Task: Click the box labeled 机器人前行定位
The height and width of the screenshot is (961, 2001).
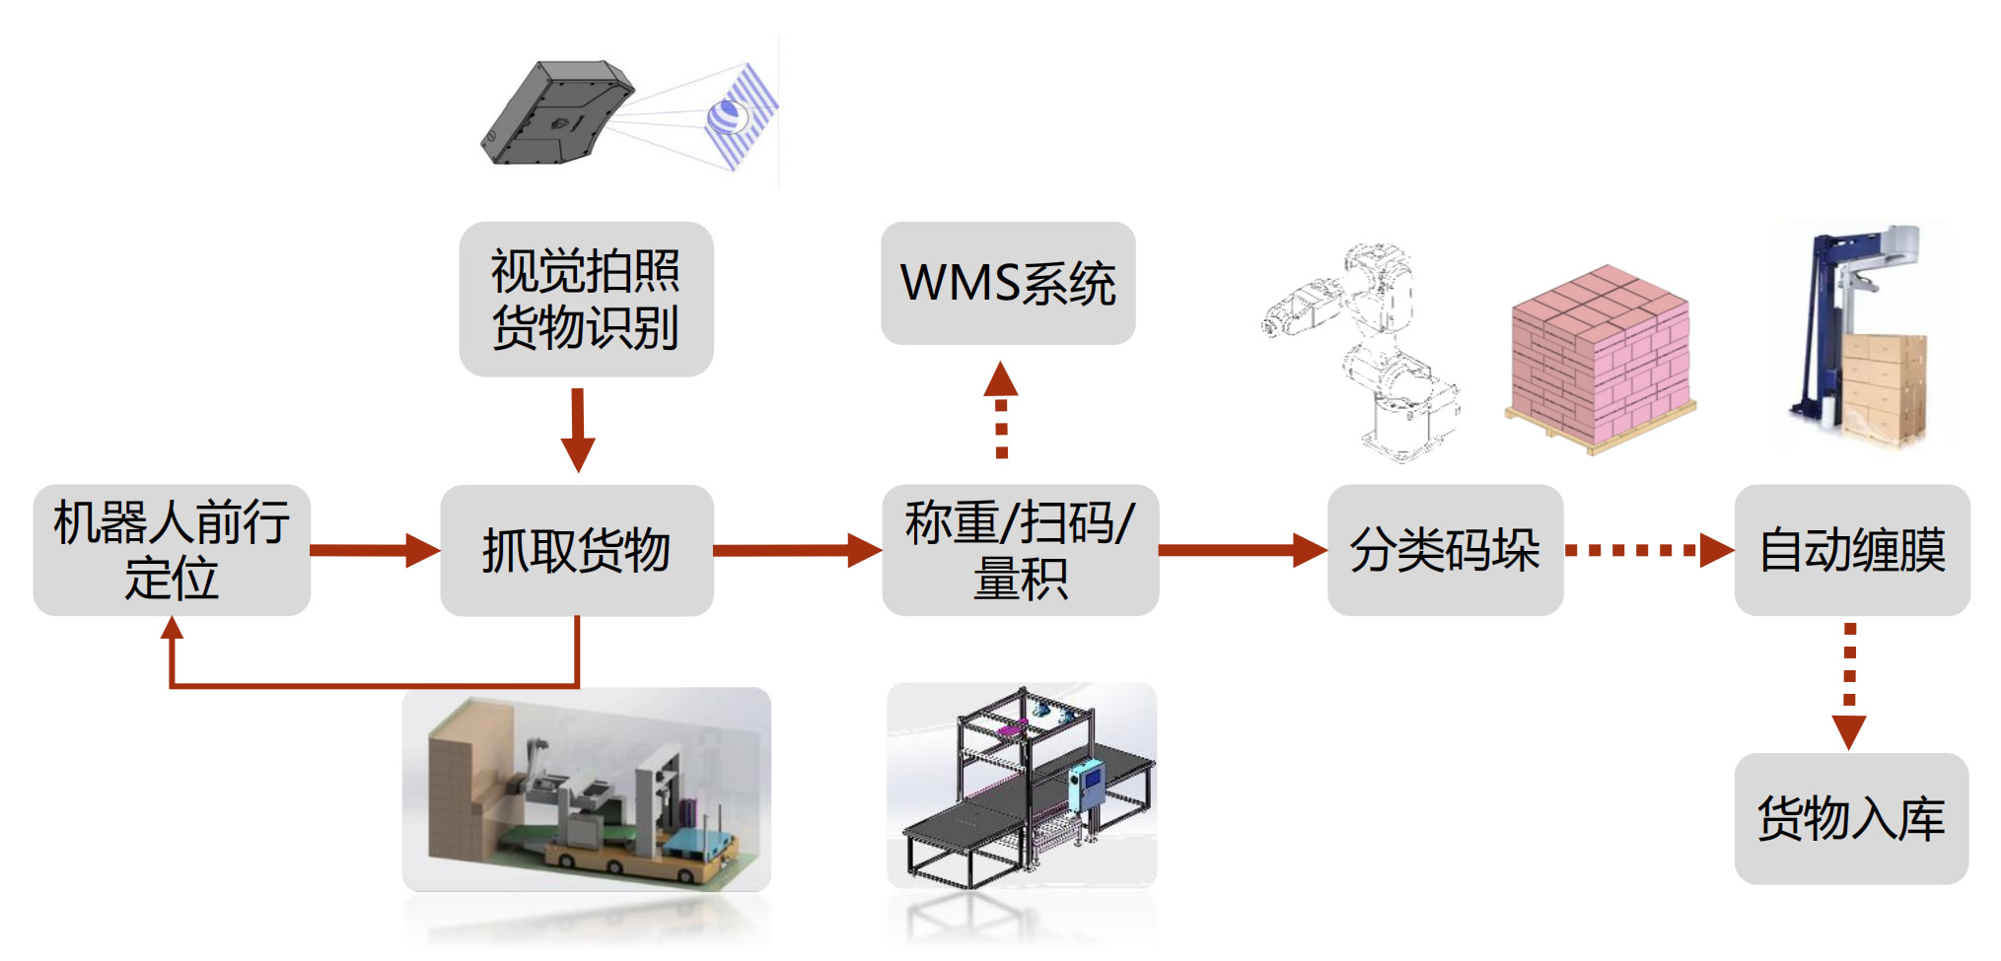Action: pos(172,550)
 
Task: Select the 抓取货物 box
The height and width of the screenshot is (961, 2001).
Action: pos(577,550)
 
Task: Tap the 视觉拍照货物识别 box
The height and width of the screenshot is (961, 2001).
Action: pos(586,299)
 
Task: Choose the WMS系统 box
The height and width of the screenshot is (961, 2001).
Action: pos(1008,283)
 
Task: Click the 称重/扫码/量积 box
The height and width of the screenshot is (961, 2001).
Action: pos(1020,550)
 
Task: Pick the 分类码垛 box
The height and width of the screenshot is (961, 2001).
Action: pos(1445,550)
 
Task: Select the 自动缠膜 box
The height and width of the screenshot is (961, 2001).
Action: pos(1852,550)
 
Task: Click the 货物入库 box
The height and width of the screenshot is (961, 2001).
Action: pos(1851,818)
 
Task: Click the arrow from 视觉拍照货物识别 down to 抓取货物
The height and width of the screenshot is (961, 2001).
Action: pos(578,429)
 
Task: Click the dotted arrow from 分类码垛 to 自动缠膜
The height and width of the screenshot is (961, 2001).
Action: pos(1648,550)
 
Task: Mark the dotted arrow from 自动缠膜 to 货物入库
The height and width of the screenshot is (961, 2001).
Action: pos(1849,685)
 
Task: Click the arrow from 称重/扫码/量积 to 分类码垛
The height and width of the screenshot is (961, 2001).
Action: pos(1243,550)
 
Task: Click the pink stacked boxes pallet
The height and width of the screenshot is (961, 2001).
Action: pos(1601,360)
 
